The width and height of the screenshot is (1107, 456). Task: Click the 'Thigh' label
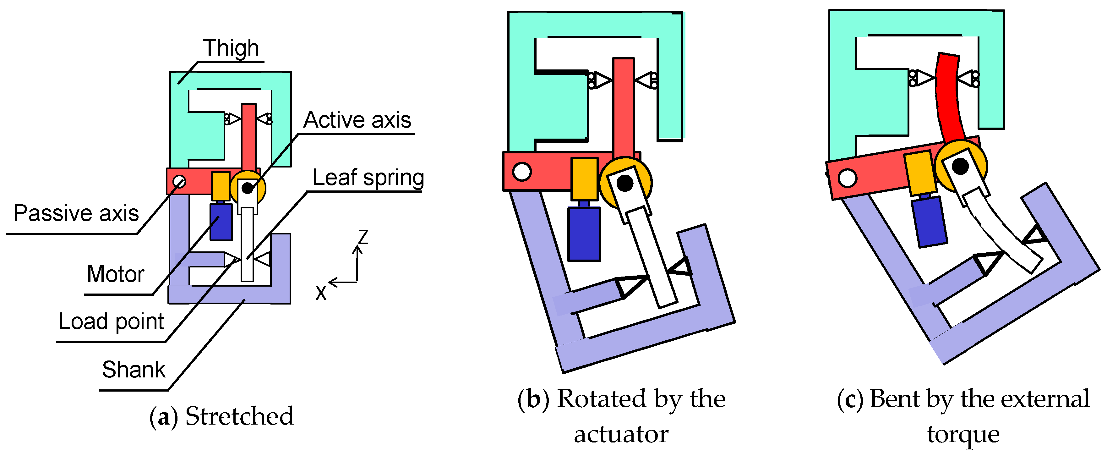(231, 48)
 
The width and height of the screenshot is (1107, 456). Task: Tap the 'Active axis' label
(357, 120)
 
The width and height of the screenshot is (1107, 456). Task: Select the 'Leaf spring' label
(368, 178)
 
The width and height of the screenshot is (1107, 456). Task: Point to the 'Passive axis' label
(76, 213)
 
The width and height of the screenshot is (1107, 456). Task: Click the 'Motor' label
(115, 274)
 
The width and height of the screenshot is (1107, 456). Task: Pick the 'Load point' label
(111, 321)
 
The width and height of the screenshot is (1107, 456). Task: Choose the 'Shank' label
(133, 370)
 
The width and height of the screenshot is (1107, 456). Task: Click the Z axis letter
(363, 237)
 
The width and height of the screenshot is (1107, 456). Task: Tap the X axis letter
(321, 293)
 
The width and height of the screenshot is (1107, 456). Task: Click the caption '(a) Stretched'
(221, 416)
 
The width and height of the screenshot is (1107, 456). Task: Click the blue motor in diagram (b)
(584, 234)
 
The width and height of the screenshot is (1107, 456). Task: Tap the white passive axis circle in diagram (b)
(522, 172)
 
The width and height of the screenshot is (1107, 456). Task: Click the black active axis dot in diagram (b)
(624, 184)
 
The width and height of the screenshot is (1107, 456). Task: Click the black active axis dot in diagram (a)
(247, 188)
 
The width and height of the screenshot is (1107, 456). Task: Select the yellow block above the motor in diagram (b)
(584, 179)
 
